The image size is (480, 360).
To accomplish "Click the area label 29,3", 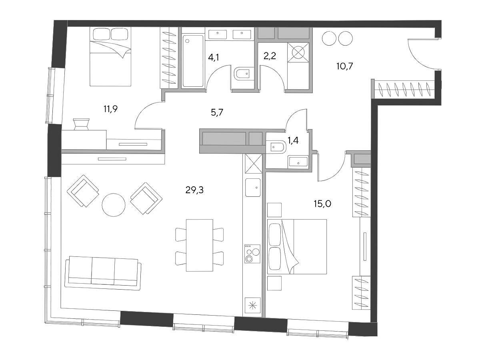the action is coord(194,190).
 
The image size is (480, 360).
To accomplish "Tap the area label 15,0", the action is coord(322,204).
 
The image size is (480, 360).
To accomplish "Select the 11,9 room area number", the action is coord(110,109).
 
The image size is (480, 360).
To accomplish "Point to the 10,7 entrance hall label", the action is coord(345,66).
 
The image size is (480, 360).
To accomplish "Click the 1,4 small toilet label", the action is coord(293,140).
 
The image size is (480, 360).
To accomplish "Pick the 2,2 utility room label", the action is coord(270,56).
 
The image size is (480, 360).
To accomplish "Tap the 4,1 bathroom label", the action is coord(214,58).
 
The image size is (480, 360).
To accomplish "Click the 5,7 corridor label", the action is coord(217,112).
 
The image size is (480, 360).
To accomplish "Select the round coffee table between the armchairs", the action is coord(114,205).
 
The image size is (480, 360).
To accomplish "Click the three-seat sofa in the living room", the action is coord(103,273).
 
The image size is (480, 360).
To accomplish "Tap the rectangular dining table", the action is coord(200,245).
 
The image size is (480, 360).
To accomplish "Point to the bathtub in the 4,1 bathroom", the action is coord(193,61).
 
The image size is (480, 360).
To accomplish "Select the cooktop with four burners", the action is coord(252,254).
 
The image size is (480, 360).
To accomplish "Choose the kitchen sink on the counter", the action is coord(253,187).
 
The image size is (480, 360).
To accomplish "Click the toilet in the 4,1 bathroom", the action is coord(244,74).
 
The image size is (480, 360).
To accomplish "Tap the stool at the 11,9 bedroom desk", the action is coord(81,124).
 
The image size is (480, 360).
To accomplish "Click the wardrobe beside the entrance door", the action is coord(404,89).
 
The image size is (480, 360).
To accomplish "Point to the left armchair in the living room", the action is coord(83,191).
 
